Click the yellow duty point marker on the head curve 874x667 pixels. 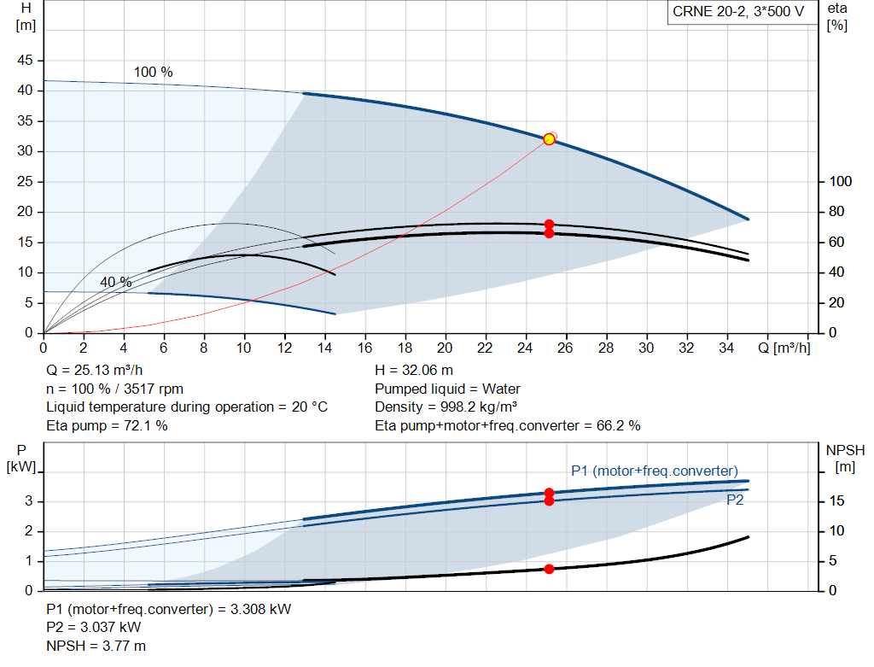(549, 139)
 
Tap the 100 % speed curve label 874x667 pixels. (154, 73)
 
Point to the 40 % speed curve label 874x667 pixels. (115, 282)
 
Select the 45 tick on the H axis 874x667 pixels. (25, 61)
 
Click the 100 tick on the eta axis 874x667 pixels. (840, 182)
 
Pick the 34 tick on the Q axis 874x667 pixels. (727, 348)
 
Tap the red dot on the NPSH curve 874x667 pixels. (549, 569)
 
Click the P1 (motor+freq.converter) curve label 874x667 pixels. (654, 471)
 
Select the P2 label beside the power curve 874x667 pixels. (735, 500)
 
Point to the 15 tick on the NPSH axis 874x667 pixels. (838, 501)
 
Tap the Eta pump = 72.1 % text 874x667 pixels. (107, 425)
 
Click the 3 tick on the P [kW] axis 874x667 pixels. (28, 501)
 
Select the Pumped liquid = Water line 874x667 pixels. (447, 389)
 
